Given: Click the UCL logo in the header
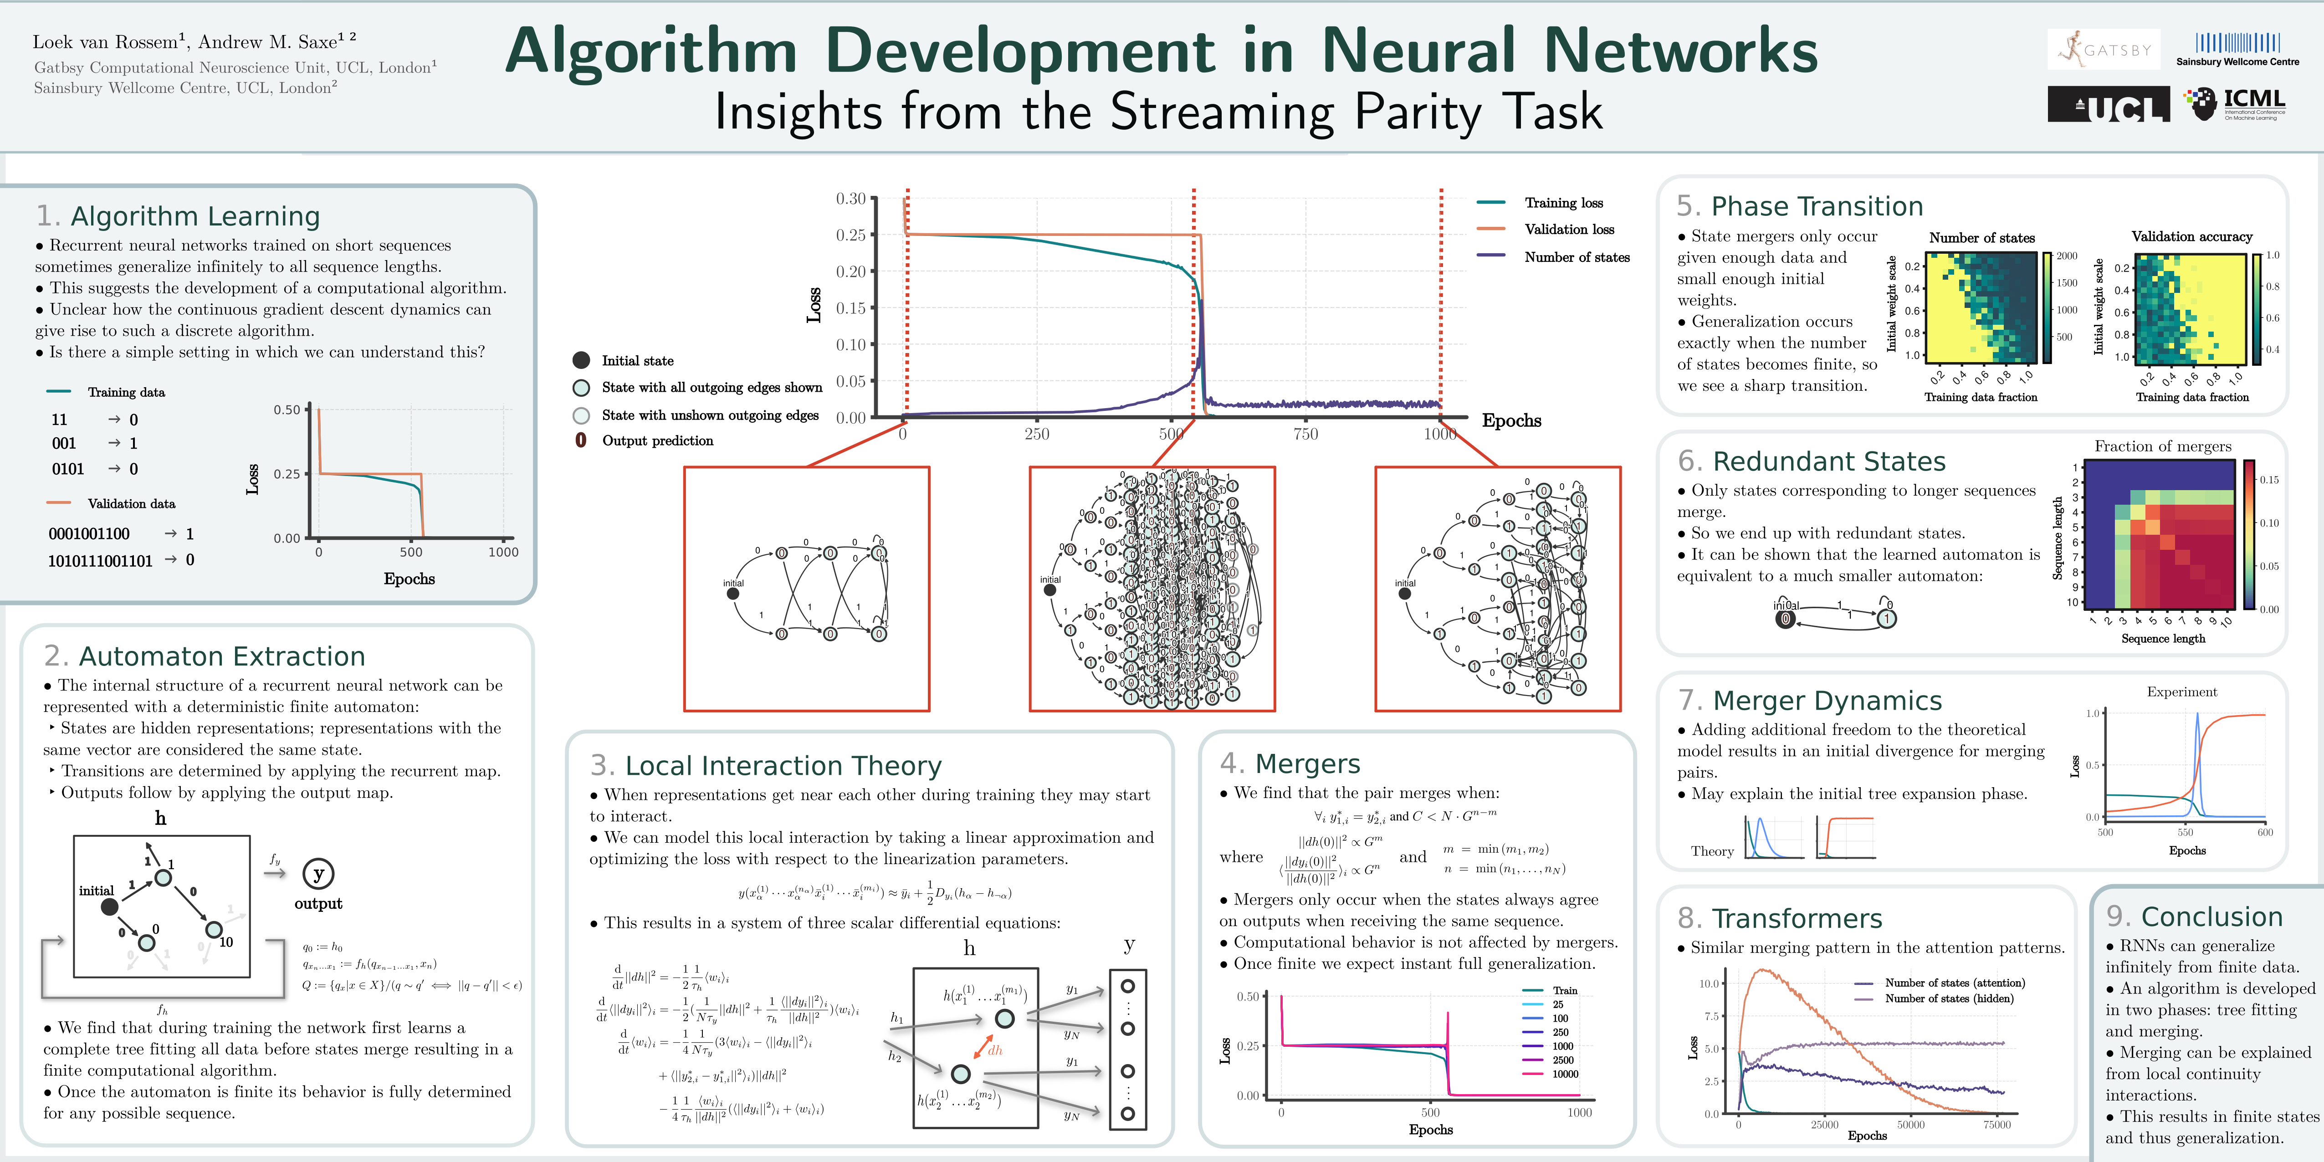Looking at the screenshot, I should point(2108,106).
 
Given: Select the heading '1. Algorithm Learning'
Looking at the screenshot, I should point(178,216).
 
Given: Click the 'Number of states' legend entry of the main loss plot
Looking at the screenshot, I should point(1576,257).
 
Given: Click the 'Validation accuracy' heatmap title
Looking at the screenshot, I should point(2191,236).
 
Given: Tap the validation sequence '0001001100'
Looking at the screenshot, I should point(89,534).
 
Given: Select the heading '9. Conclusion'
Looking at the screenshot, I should point(2194,916).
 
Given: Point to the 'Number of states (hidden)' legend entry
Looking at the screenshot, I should point(1949,999).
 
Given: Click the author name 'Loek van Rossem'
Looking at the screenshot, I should point(105,42).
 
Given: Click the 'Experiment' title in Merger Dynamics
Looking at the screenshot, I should point(2181,692).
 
